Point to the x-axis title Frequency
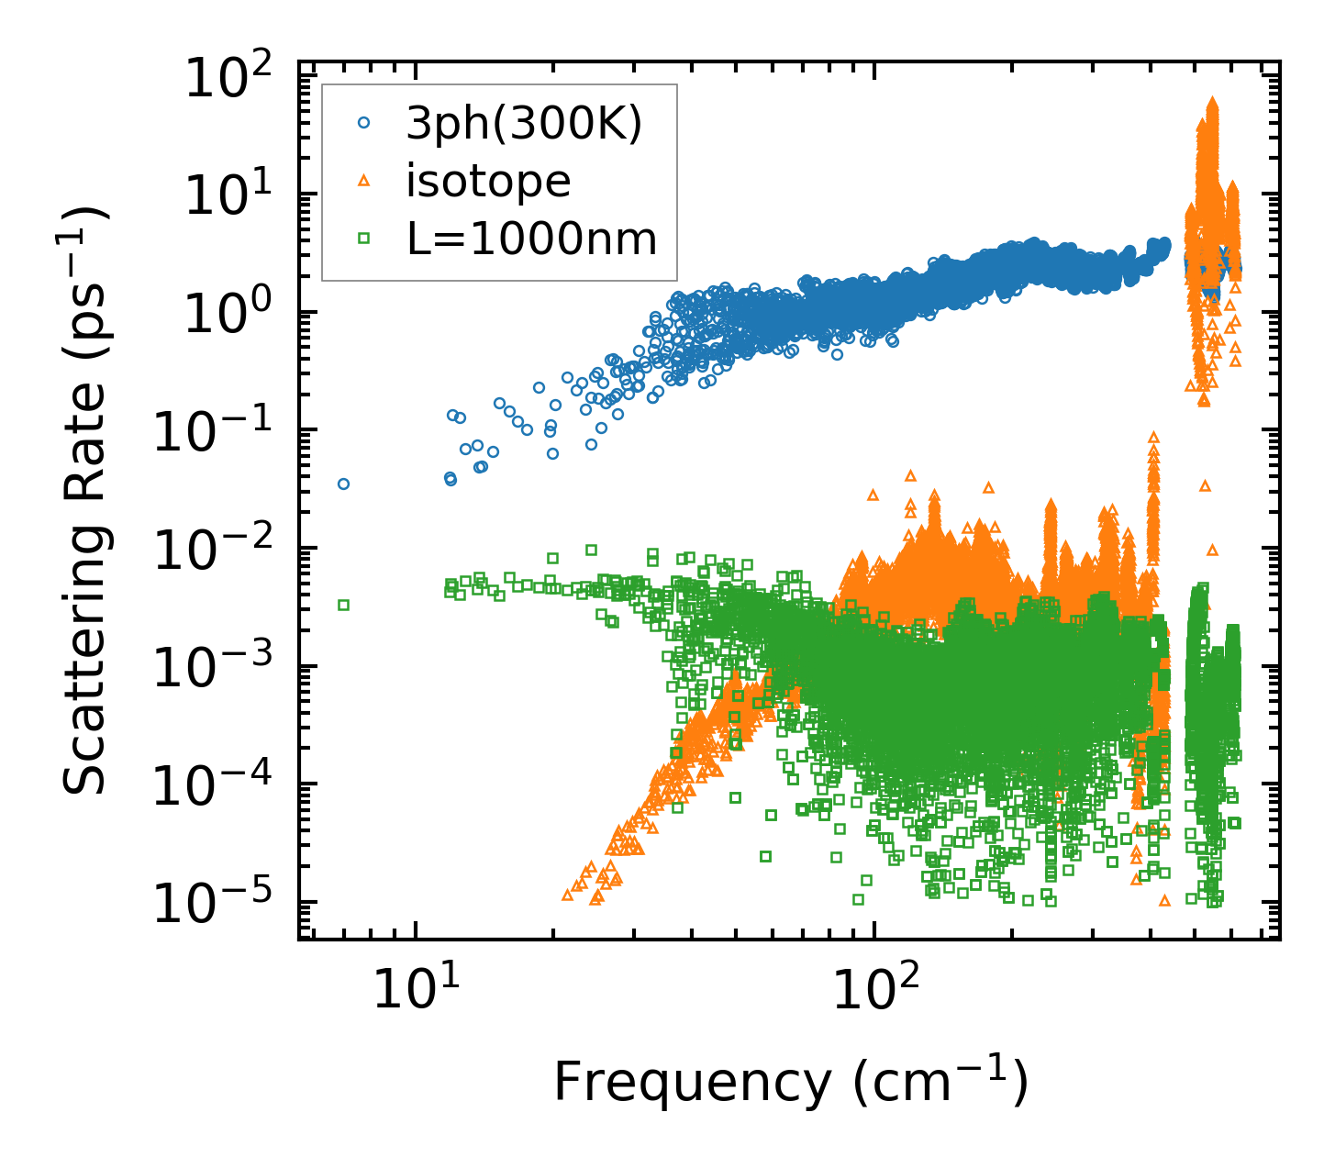790,1083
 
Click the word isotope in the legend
488,182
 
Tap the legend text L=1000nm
532,239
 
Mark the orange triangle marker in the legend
364,181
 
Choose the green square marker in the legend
364,239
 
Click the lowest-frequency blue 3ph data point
343,484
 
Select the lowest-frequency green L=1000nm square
343,605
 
